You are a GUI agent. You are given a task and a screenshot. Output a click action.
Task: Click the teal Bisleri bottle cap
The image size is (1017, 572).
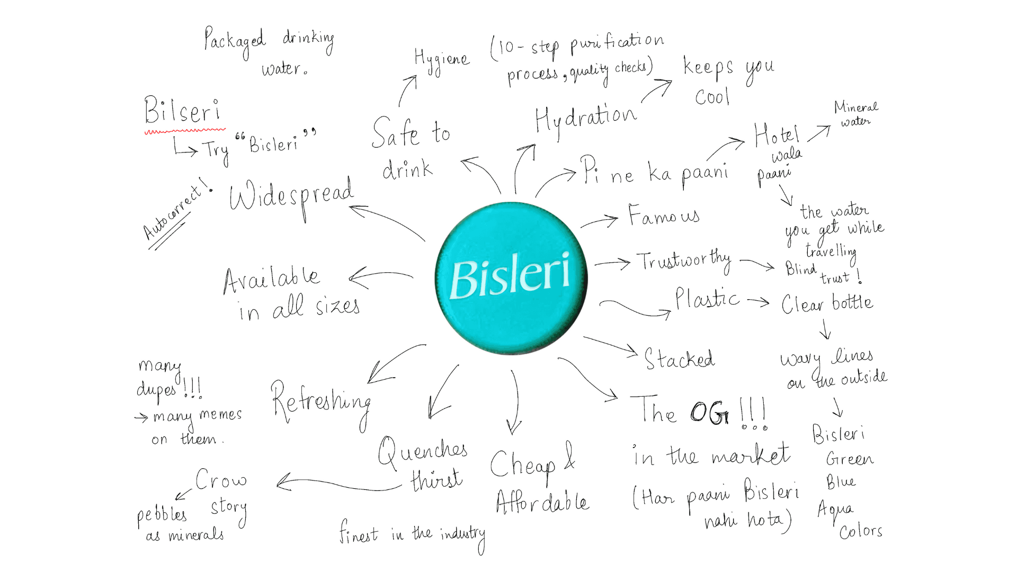click(x=511, y=278)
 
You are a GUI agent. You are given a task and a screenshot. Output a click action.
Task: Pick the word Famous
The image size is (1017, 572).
click(x=664, y=215)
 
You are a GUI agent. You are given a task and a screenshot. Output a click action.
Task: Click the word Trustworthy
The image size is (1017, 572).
click(x=683, y=261)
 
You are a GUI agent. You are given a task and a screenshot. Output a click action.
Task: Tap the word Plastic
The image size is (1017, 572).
click(x=707, y=299)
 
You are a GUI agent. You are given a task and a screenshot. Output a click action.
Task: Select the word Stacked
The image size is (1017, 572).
click(x=679, y=359)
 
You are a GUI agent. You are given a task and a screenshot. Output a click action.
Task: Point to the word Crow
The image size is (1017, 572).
click(x=221, y=479)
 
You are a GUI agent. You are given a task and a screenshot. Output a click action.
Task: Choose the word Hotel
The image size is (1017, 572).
click(x=776, y=135)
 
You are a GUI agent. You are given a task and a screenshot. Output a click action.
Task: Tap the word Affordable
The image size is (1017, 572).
click(x=542, y=502)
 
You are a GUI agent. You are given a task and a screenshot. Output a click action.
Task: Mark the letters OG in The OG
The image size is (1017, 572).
click(x=710, y=413)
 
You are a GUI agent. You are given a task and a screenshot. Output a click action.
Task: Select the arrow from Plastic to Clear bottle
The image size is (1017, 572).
click(x=758, y=302)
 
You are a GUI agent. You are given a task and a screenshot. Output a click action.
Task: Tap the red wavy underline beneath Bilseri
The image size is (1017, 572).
click(x=185, y=130)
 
